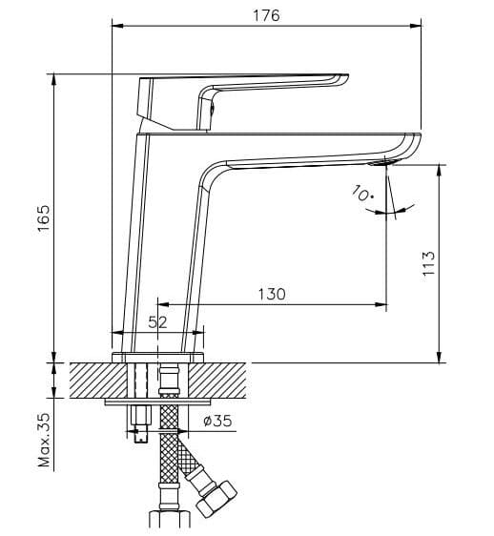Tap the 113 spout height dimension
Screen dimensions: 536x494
pos(429,262)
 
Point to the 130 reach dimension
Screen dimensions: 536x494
pos(271,295)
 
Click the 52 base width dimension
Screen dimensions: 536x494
pos(157,322)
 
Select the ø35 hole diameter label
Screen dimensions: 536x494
pos(217,420)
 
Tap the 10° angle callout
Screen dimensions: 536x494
pos(362,196)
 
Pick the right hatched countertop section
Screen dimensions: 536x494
pos(224,379)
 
